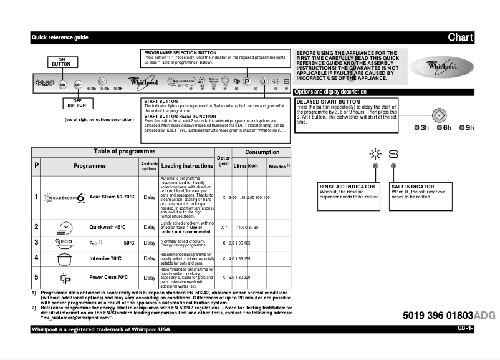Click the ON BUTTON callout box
pos(61,61)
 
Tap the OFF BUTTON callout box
pos(79,104)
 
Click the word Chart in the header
pos(460,37)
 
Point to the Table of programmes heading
pos(124,152)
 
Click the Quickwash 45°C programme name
pos(107,228)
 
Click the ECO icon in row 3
pos(64,242)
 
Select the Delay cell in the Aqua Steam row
pos(149,197)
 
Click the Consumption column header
pos(262,152)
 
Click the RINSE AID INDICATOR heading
pos(347,187)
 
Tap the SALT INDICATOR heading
pos(412,187)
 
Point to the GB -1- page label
pos(465,328)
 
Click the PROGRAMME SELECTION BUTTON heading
pos(180,53)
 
